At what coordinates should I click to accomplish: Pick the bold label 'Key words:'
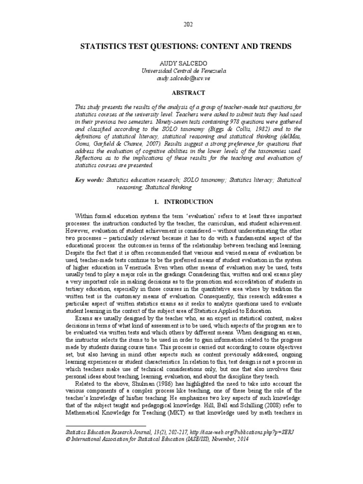pos(90,180)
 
